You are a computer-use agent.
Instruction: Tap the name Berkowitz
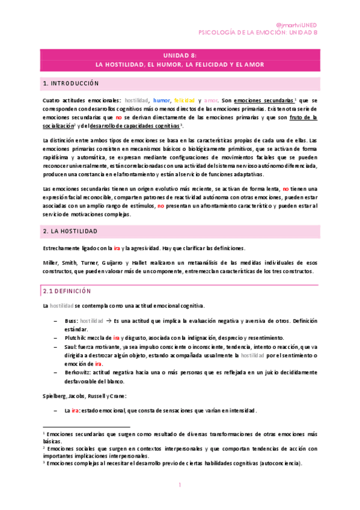click(80, 372)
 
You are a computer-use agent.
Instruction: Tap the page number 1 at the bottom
click(180, 485)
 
